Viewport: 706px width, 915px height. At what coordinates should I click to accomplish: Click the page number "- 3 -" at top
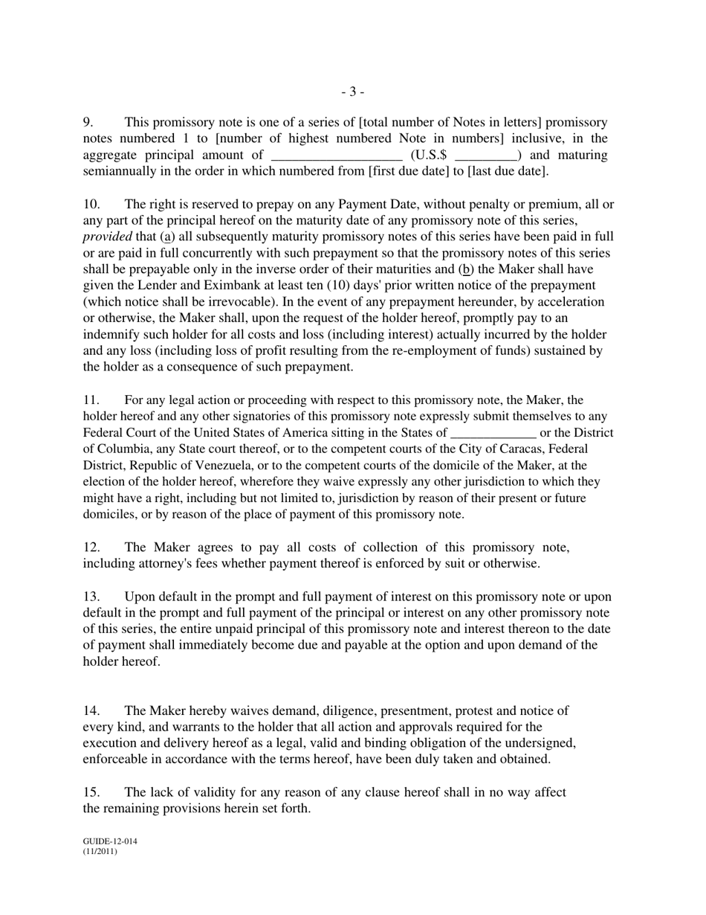coord(352,91)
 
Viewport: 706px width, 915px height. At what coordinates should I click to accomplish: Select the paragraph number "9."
coord(88,122)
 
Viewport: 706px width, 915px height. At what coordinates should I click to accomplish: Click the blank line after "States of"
coord(493,433)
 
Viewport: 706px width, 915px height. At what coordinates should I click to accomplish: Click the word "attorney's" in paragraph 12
coord(168,564)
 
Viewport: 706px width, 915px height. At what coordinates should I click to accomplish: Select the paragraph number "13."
coord(91,597)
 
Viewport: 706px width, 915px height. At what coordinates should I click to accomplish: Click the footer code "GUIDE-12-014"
coord(109,841)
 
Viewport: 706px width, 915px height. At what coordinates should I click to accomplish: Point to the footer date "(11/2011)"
coord(100,852)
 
